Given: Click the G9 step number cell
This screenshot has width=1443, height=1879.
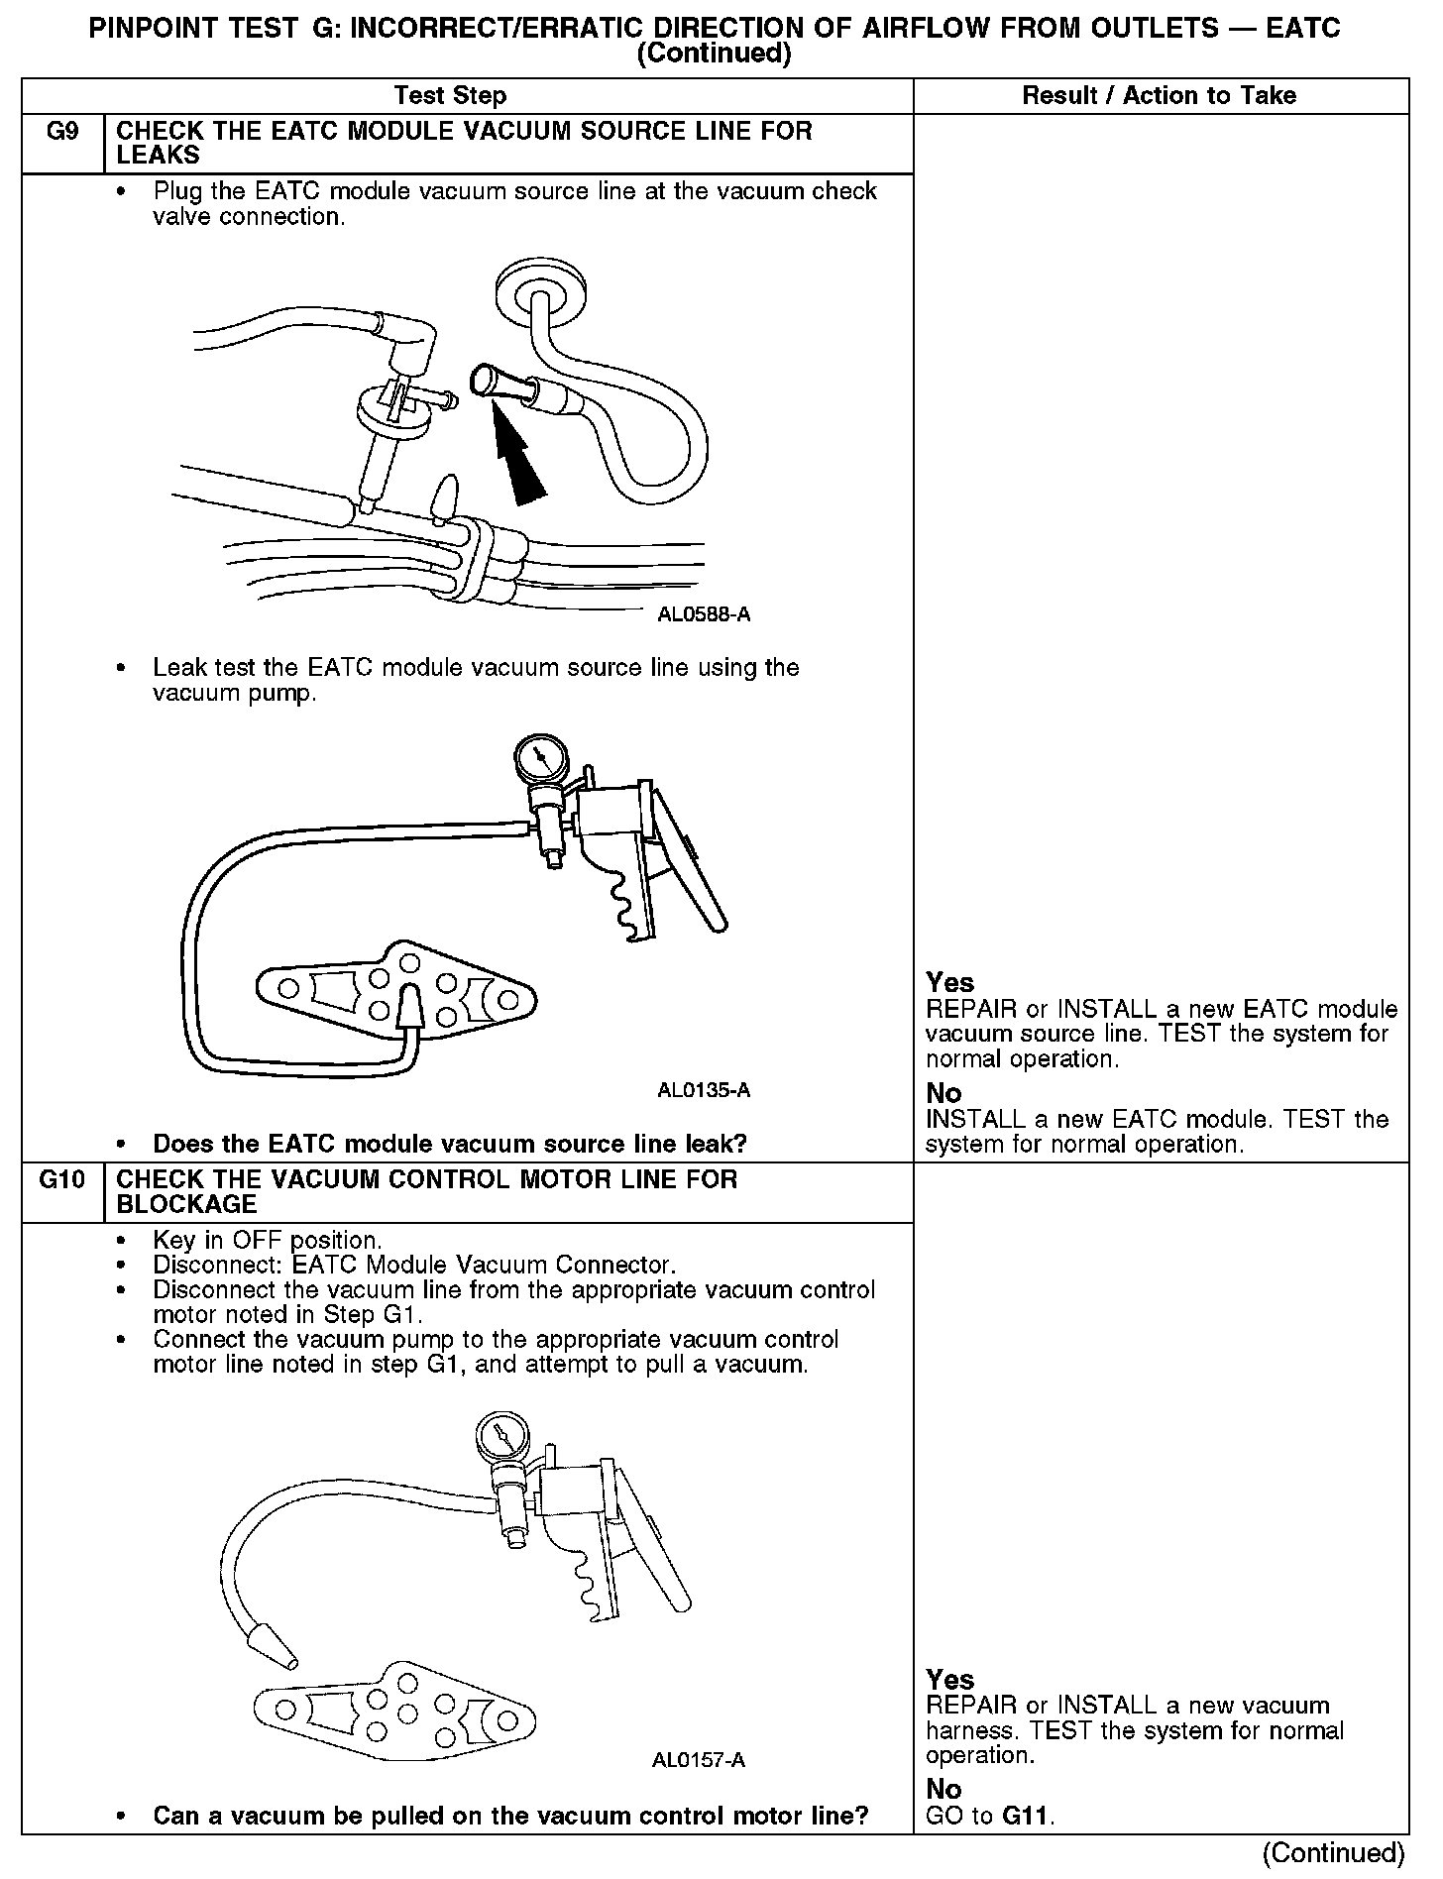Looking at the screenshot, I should coord(62,132).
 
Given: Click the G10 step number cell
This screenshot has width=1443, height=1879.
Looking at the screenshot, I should coord(61,1180).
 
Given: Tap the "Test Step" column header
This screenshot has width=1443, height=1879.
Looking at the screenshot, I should coord(450,96).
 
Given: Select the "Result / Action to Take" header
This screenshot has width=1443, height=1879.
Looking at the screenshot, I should coord(1159,96).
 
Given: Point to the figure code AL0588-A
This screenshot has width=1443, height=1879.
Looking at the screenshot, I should coord(704,614).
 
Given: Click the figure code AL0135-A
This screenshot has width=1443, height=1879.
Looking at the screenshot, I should coord(704,1090).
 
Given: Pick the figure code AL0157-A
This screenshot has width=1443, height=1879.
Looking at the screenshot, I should coord(699,1760).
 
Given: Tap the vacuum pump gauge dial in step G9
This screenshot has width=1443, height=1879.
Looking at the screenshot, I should coord(539,760).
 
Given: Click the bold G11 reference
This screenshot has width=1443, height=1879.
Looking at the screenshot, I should coord(1027,1816).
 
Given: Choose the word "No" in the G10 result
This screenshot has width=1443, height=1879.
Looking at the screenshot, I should coord(943,1789).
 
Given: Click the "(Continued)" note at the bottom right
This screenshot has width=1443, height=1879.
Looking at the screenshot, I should coord(1333,1851).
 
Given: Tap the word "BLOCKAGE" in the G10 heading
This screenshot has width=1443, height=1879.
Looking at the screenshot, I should coord(186,1204).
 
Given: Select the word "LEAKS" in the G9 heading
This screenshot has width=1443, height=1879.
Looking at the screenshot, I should coord(159,156).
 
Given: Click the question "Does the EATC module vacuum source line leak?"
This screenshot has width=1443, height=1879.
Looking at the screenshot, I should coord(449,1144).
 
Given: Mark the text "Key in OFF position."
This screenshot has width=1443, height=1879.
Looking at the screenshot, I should coord(268,1240).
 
